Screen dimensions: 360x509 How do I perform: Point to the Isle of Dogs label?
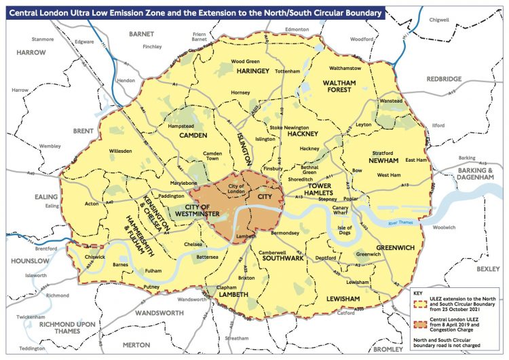tap(347, 231)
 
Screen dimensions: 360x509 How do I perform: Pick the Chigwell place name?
tap(438, 20)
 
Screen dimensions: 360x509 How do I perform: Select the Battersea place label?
tap(207, 257)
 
